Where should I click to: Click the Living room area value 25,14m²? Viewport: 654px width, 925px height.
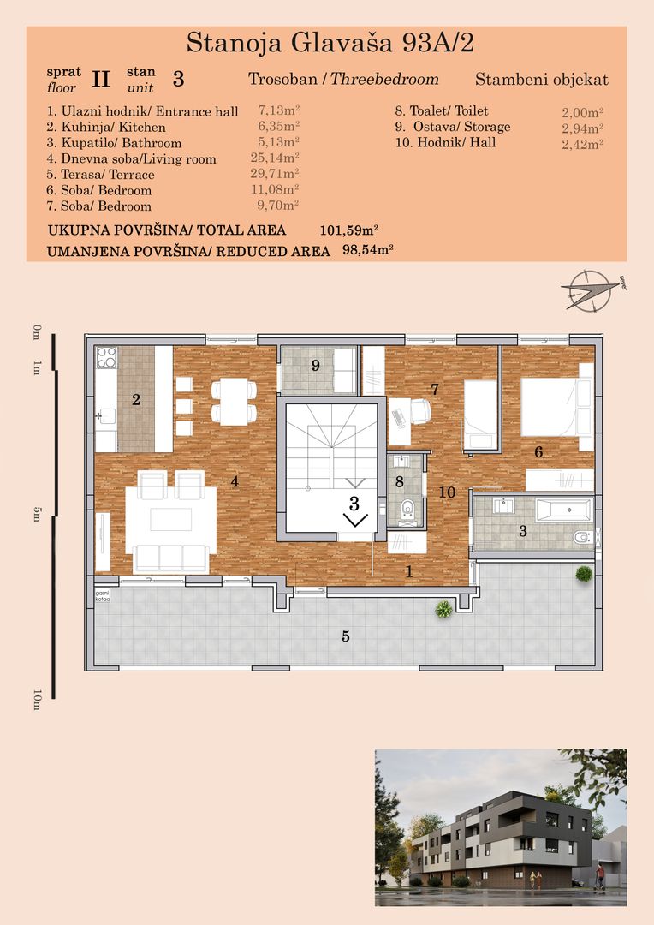pos(278,158)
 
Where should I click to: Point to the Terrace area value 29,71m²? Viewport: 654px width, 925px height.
pos(278,174)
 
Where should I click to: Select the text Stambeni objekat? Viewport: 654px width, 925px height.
pos(541,80)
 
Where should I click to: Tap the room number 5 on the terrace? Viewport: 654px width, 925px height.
pos(346,636)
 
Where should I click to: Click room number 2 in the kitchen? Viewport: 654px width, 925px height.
pos(135,399)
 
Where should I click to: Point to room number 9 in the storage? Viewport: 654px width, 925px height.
pos(315,366)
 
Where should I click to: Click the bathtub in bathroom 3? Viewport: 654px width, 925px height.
pos(563,511)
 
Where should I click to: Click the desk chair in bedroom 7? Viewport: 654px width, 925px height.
pos(420,412)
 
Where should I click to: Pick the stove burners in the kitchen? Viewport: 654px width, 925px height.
pos(106,357)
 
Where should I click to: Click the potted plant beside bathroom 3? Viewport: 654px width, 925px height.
pos(584,573)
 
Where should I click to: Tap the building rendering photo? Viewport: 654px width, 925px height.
pos(501,827)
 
